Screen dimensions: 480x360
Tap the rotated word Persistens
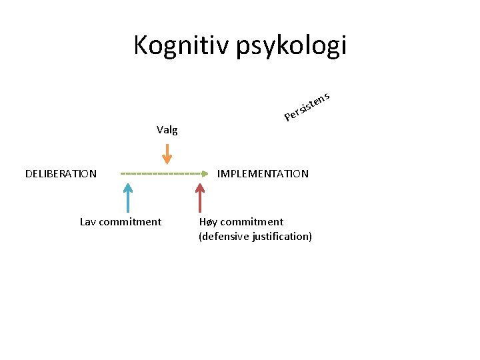(x=307, y=107)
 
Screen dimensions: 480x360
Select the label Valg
(x=167, y=130)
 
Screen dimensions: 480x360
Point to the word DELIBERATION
(x=61, y=174)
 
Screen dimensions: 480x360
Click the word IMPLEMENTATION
(x=263, y=174)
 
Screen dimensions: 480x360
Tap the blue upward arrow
(x=128, y=198)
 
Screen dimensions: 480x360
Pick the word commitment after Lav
(x=131, y=222)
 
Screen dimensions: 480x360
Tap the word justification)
(x=282, y=237)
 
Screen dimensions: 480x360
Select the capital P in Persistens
(x=288, y=118)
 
